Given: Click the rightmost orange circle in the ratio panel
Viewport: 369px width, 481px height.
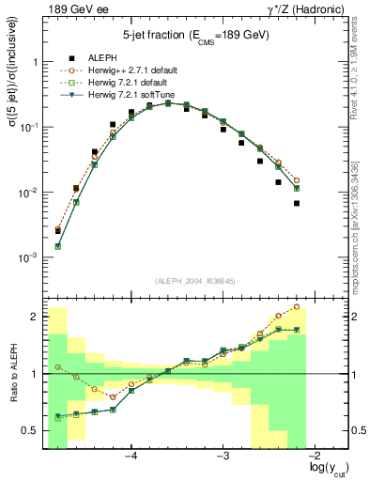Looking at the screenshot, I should tap(297, 306).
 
